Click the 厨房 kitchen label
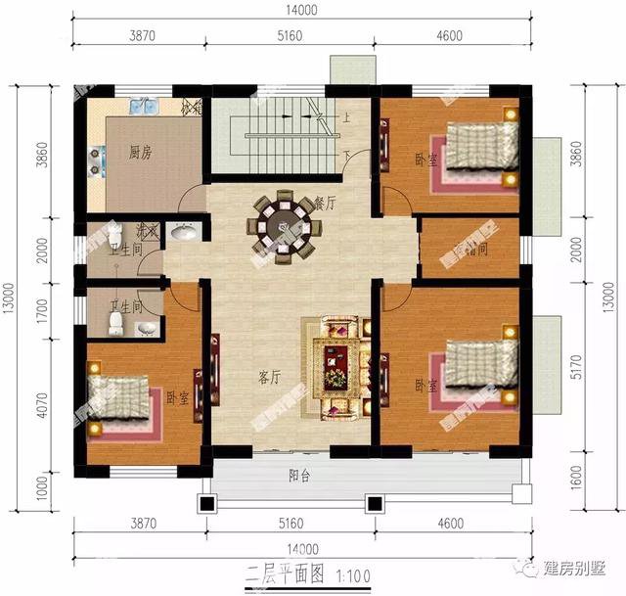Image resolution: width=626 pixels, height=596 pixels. [140, 154]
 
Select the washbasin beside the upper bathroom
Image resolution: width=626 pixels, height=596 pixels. [181, 233]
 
